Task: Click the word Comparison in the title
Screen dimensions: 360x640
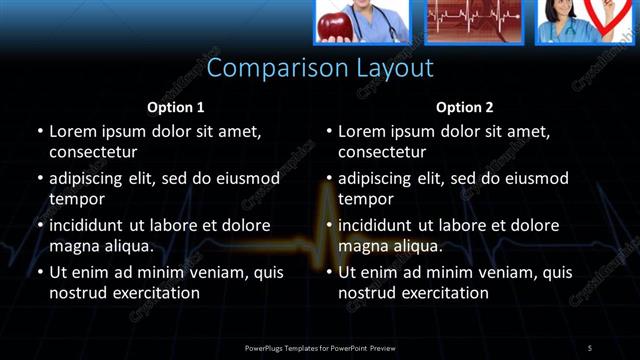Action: click(x=267, y=68)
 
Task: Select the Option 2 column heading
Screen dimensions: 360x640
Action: click(x=464, y=106)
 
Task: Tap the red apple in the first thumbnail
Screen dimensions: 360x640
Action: click(x=332, y=24)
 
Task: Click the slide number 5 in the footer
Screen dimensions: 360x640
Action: click(x=590, y=347)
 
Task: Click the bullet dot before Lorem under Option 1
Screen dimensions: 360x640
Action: click(x=39, y=131)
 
